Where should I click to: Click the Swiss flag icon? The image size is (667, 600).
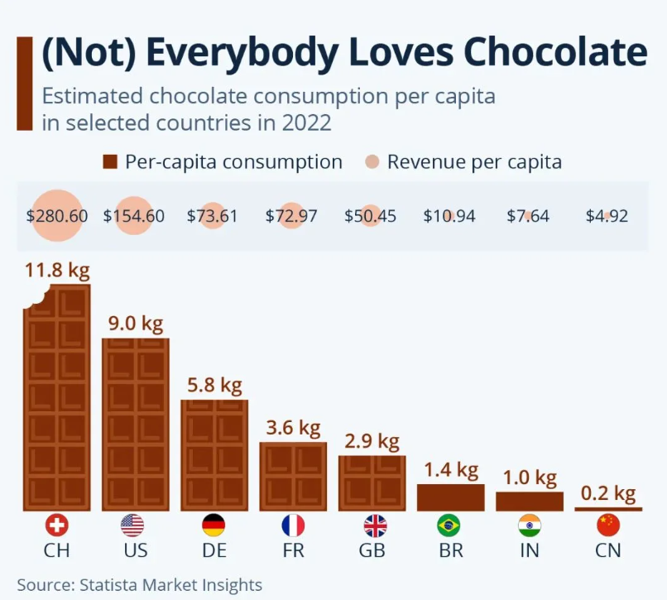tap(56, 526)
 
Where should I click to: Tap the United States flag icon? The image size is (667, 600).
tap(132, 526)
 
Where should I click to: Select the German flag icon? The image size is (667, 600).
tap(214, 526)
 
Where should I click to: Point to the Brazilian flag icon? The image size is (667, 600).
tap(449, 526)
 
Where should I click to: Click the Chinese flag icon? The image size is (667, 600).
tap(608, 526)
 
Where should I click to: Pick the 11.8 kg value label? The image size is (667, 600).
tap(57, 271)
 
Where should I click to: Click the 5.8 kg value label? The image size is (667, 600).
tap(214, 385)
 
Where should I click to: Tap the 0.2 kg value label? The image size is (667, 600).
tap(608, 494)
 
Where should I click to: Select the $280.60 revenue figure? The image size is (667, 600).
tap(57, 217)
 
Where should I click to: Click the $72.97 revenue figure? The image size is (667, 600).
tap(291, 217)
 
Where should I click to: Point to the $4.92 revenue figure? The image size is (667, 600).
tap(607, 217)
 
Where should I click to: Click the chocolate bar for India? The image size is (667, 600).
tap(530, 502)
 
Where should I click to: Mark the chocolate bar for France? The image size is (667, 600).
tap(293, 476)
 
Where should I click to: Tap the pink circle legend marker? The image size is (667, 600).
tap(372, 162)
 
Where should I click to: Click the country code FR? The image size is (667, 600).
tap(293, 550)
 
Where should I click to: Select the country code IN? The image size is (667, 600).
tap(530, 550)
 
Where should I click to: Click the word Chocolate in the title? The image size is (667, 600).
tap(555, 53)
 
